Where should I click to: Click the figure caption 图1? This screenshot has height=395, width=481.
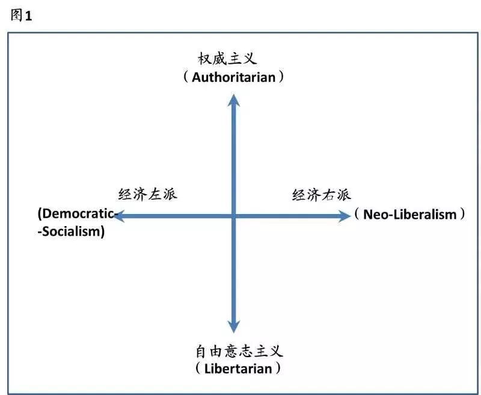pos(21,16)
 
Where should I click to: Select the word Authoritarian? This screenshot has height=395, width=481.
pos(234,78)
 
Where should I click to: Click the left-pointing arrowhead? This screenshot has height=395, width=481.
pos(119,215)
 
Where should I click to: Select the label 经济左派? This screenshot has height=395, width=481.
pos(148,195)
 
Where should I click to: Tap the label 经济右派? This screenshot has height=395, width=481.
pos(321,195)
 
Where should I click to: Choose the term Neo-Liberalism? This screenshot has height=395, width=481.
pos(410,215)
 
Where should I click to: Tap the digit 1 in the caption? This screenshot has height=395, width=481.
pos(28,16)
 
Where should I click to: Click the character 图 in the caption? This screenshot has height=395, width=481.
pos(17,16)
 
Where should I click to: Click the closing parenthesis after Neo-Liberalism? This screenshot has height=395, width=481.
pos(462,215)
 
